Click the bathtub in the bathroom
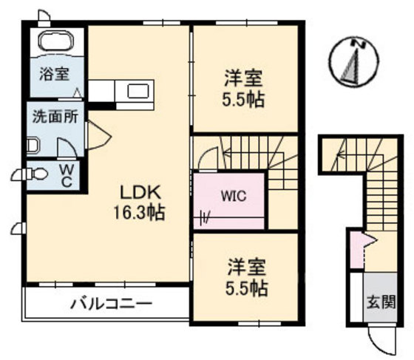[x=55, y=41]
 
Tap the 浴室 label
[x=55, y=74]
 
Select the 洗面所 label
[x=55, y=117]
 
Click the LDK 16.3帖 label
[x=140, y=203]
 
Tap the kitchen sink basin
[x=138, y=91]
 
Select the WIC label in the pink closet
[x=234, y=196]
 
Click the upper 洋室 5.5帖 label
[x=243, y=88]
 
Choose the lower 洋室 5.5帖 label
[x=247, y=278]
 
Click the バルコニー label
[x=112, y=304]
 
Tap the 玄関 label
[x=381, y=302]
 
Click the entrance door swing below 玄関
[x=382, y=340]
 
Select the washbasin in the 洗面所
[x=33, y=146]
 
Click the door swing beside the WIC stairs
[x=208, y=160]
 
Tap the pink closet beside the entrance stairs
[x=356, y=250]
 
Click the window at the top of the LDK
[x=162, y=23]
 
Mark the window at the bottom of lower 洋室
[x=259, y=323]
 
